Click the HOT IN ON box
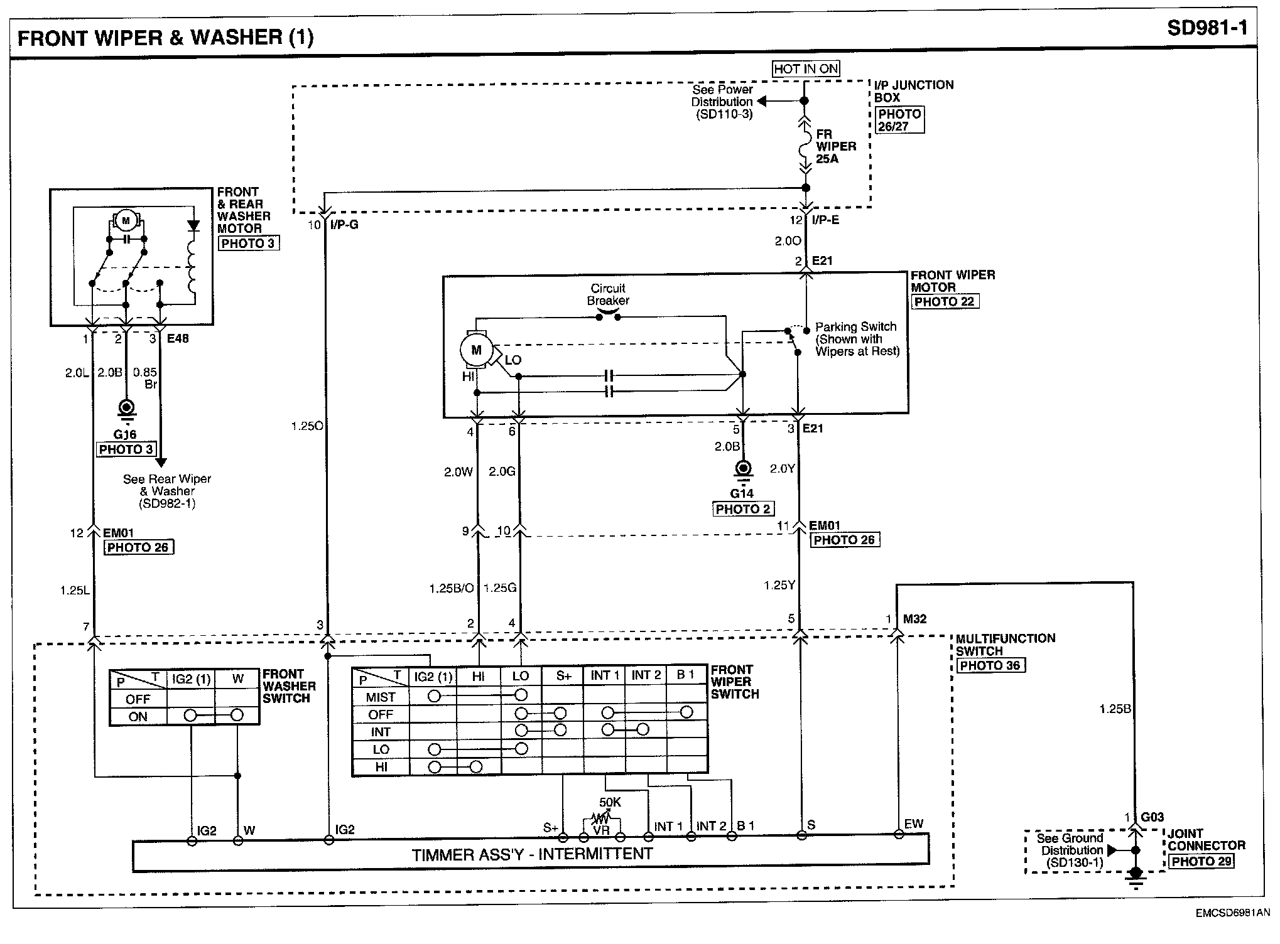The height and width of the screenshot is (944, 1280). coord(806,69)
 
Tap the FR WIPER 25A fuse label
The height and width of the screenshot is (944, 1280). coord(835,146)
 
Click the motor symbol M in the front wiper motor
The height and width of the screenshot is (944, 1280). coord(476,350)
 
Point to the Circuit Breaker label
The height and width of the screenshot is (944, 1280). coord(608,294)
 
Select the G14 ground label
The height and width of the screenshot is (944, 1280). coord(742,493)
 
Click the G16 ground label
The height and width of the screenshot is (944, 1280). coord(126,434)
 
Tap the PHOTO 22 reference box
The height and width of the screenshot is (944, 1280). coord(945,301)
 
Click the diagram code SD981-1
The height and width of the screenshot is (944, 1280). coord(1207,28)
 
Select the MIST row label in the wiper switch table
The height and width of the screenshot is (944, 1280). coord(381,697)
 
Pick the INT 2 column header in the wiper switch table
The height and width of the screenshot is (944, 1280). coord(646,675)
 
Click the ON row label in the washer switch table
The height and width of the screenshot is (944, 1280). coord(138,717)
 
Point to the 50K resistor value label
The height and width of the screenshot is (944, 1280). coord(610,802)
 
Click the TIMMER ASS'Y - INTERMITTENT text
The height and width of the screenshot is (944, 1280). coord(532,854)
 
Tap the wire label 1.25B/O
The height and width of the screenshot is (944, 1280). coord(451,589)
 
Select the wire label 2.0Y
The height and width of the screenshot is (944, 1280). coord(783,468)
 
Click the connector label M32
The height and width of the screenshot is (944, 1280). coord(914,619)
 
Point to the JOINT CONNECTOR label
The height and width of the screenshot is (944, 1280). coord(1206,839)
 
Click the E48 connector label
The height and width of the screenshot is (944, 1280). coord(178,338)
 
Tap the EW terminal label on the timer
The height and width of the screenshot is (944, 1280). coord(914,823)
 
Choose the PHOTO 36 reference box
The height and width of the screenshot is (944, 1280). coord(990,665)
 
